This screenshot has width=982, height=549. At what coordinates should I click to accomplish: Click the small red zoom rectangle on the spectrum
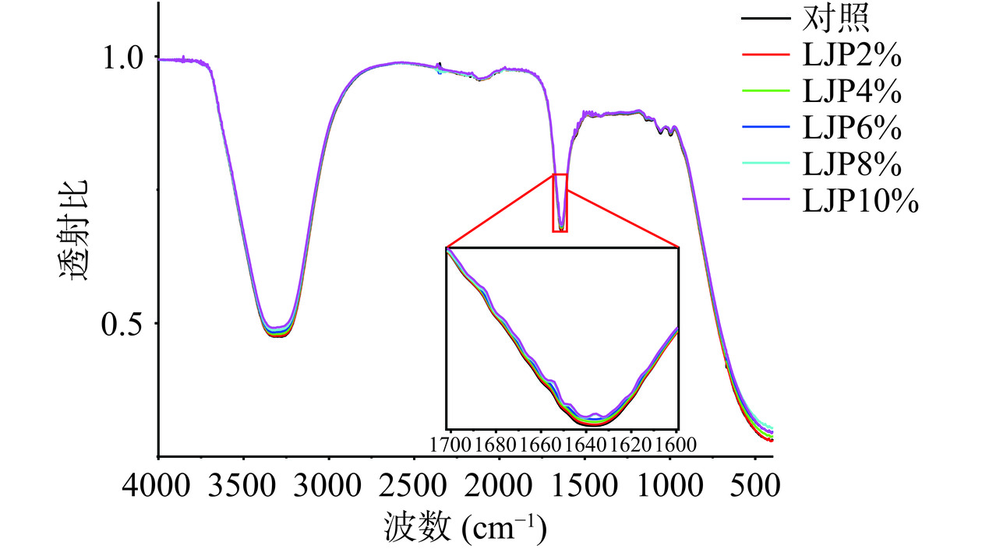click(560, 202)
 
